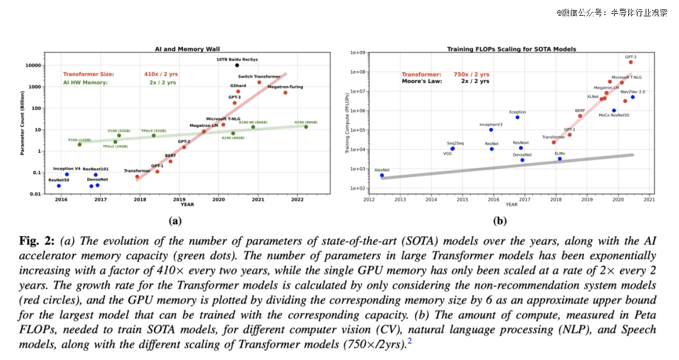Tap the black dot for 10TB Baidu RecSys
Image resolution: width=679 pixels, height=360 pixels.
click(x=237, y=65)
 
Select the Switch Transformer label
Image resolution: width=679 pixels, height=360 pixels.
click(x=259, y=77)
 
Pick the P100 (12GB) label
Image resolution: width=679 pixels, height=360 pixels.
click(x=79, y=139)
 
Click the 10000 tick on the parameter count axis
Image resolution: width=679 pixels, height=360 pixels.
click(x=33, y=65)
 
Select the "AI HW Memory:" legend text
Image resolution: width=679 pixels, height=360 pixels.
click(x=86, y=82)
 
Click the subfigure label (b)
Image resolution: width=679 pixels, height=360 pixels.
click(x=500, y=221)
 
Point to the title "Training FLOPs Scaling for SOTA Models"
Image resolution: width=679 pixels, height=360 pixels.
click(x=511, y=49)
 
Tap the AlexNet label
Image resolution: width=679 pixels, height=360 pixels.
click(x=382, y=170)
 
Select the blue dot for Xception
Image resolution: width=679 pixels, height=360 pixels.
click(x=517, y=117)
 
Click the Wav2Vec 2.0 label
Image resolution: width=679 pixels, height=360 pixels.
click(x=632, y=92)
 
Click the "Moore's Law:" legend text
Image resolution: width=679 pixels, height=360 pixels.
click(x=422, y=81)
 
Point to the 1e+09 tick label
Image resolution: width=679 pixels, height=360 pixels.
click(x=358, y=53)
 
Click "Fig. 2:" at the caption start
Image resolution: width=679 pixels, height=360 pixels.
click(x=37, y=241)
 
